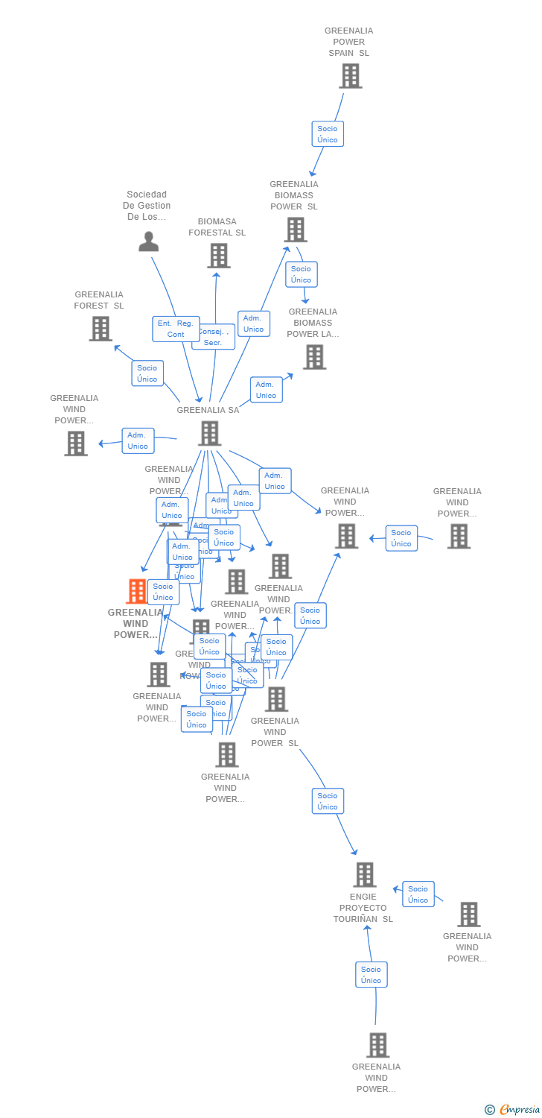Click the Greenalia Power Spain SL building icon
pos(350,76)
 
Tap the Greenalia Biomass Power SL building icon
pos(296,230)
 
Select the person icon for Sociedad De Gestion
pos(149,241)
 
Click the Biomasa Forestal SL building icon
pos(218,256)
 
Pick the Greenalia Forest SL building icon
pos(100,329)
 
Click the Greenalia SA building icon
pos(209,433)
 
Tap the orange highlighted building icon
pos(137,591)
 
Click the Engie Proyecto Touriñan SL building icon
pos(364,875)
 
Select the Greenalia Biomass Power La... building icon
pos(314,357)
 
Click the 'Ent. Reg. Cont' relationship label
pos(176,329)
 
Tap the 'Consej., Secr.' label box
pos(214,338)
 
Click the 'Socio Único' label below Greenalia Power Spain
pos(328,134)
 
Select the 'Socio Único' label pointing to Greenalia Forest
pos(147,373)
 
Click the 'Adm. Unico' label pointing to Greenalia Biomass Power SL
pos(253,323)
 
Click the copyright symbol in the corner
pos(489,1110)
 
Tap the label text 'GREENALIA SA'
pos(208,410)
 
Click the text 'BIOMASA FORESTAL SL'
pos(217,227)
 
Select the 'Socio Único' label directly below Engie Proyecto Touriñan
pos(371,975)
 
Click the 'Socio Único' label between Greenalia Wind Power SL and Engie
pos(328,801)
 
